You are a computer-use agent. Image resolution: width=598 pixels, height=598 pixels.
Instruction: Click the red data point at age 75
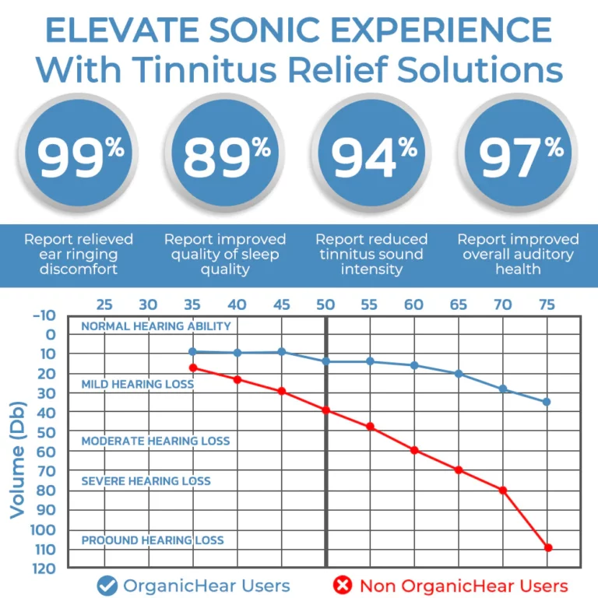(x=548, y=547)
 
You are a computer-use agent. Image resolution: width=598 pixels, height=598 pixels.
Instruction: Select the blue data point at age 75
(x=547, y=402)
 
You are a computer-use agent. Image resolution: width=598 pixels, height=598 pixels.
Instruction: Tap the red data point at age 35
(x=193, y=368)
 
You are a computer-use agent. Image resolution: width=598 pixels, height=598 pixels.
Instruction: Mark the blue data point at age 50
(x=325, y=361)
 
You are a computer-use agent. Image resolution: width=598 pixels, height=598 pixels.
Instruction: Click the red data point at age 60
(x=414, y=450)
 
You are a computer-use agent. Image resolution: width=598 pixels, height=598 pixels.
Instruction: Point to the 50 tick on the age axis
(x=325, y=304)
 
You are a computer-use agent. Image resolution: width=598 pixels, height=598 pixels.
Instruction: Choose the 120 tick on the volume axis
(x=44, y=568)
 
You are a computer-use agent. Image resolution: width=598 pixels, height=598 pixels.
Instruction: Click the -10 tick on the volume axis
(x=44, y=315)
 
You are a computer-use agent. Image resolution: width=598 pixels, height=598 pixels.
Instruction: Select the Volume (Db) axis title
(x=17, y=459)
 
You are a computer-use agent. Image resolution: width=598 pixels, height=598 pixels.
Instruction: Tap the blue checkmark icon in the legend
(x=107, y=586)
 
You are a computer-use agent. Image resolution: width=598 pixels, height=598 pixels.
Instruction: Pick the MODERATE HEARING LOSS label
(x=156, y=441)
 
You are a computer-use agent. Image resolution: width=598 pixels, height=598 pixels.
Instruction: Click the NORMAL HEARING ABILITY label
(x=156, y=326)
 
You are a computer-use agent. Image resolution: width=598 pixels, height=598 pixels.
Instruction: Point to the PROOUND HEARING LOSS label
(x=153, y=540)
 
